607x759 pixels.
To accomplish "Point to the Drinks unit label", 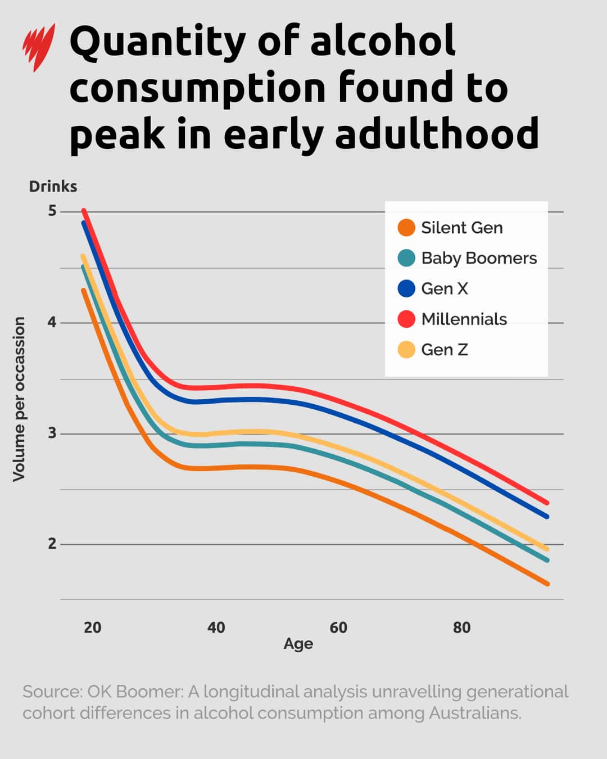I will pyautogui.click(x=53, y=187).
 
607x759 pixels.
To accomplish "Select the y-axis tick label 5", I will pyautogui.click(x=52, y=211).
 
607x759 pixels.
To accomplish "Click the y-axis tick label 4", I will pyautogui.click(x=52, y=322).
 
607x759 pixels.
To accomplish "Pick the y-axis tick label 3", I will pyautogui.click(x=52, y=433).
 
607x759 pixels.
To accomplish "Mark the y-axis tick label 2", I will pyautogui.click(x=52, y=544).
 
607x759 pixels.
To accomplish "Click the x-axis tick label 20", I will pyautogui.click(x=92, y=627).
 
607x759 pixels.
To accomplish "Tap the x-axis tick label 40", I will pyautogui.click(x=216, y=627).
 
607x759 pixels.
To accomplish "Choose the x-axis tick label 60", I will pyautogui.click(x=338, y=627).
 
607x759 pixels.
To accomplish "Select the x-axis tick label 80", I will pyautogui.click(x=461, y=627).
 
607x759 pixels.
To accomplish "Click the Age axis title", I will pyautogui.click(x=298, y=644).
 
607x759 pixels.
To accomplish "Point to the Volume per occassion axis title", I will pyautogui.click(x=19, y=399).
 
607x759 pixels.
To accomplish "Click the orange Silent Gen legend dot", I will pyautogui.click(x=406, y=228).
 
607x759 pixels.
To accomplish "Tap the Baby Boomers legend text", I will pyautogui.click(x=479, y=258).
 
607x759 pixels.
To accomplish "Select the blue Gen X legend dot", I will pyautogui.click(x=406, y=288).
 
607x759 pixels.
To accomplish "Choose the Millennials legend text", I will pyautogui.click(x=464, y=319).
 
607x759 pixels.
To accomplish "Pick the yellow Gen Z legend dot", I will pyautogui.click(x=406, y=350).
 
